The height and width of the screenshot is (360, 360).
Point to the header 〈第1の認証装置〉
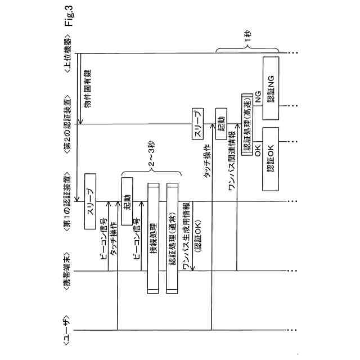click(x=67, y=202)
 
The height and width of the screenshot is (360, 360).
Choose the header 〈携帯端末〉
click(x=67, y=271)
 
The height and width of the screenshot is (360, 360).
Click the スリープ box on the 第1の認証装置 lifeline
click(x=92, y=201)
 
